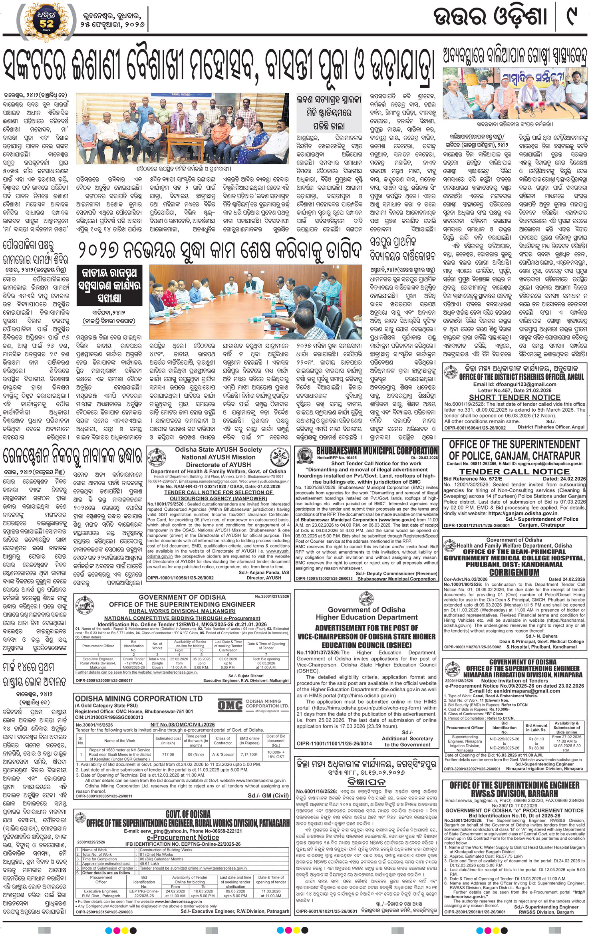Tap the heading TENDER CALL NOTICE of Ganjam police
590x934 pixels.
pyautogui.click(x=514, y=471)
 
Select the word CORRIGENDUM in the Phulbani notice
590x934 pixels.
pyautogui.click(x=514, y=572)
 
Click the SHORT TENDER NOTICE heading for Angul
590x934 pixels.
pyautogui.click(x=515, y=397)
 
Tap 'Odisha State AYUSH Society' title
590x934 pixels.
pyautogui.click(x=218, y=450)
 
